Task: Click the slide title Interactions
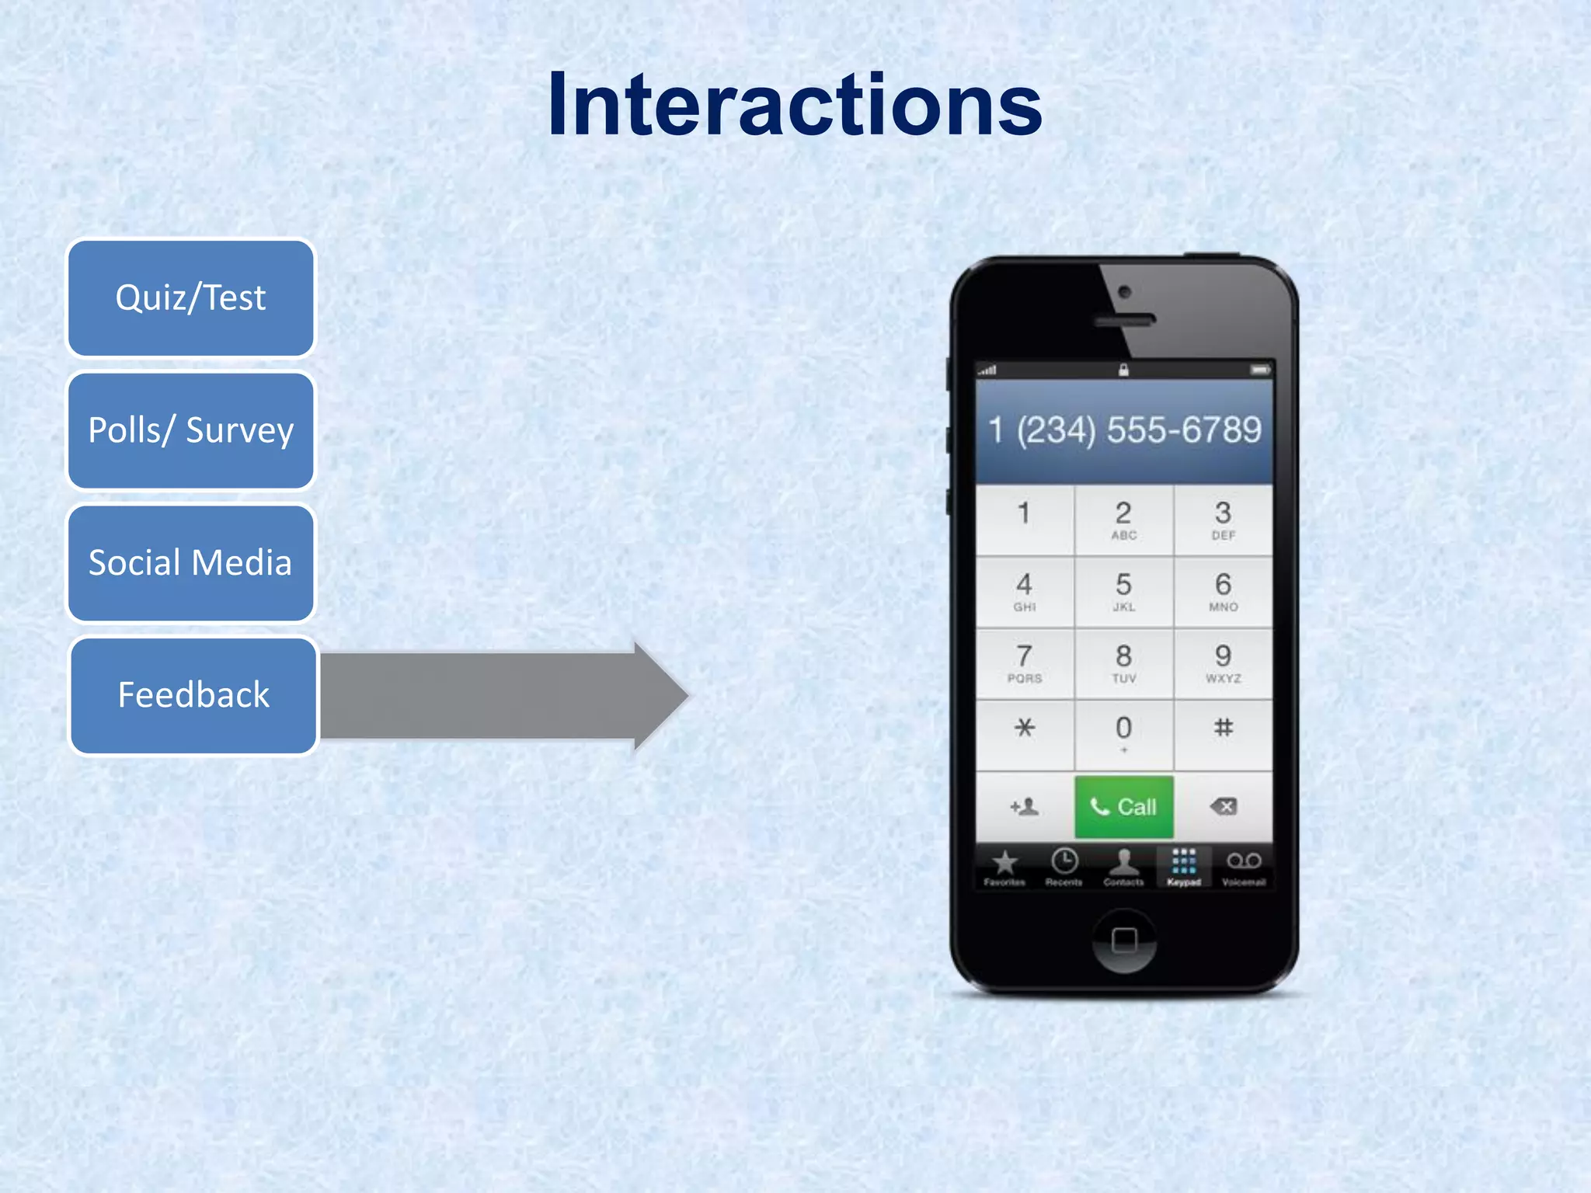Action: (x=794, y=105)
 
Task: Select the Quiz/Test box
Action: (x=191, y=298)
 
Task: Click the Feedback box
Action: (x=193, y=695)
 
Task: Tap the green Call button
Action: (x=1123, y=807)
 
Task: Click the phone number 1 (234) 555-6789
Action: (x=1124, y=430)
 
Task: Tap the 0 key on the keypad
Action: (x=1123, y=734)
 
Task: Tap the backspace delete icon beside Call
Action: (x=1223, y=807)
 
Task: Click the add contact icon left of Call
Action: (x=1025, y=807)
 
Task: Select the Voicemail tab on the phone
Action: (x=1243, y=867)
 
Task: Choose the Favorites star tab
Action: (x=1004, y=867)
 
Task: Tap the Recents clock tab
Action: (x=1064, y=867)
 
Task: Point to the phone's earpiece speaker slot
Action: (x=1124, y=319)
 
